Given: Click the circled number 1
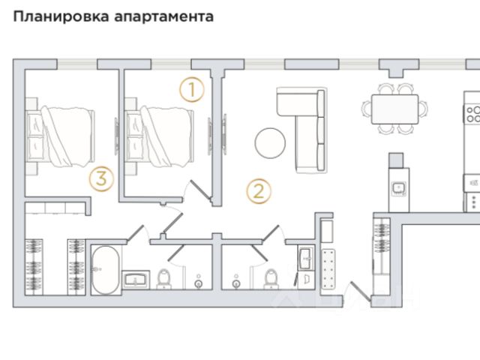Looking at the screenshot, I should pos(192,91).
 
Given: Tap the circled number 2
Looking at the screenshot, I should pos(258,190).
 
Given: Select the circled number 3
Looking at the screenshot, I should pos(100,178).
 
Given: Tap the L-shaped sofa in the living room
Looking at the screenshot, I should pos(304,127).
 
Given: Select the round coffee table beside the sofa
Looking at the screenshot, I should pos(269,142).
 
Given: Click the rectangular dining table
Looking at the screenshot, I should pos(395,111).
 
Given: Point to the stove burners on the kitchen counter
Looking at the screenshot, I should pos(473,114).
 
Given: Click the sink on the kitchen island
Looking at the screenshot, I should pos(400,185).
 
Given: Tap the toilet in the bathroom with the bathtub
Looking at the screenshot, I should pos(164,278).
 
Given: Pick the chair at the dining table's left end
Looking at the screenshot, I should pos(367,110).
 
